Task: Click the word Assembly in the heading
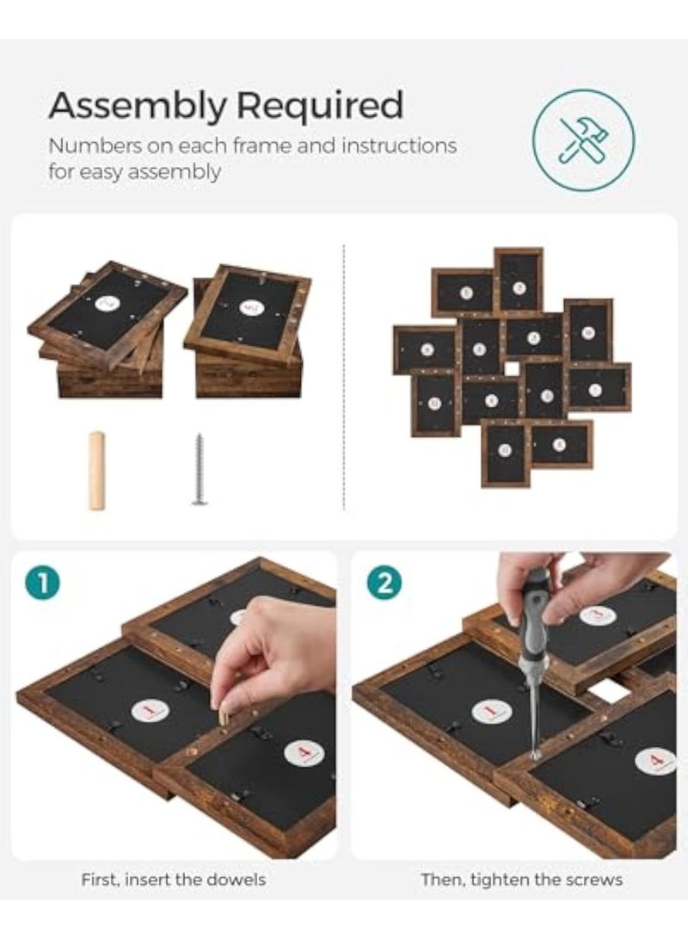[138, 107]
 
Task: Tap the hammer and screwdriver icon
[583, 140]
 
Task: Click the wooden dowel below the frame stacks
[97, 470]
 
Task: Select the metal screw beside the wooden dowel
[200, 469]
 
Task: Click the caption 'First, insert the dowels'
[174, 880]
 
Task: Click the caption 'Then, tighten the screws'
[522, 880]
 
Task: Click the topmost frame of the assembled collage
[519, 281]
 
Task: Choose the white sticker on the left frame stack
[107, 304]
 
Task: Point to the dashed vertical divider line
[344, 379]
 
